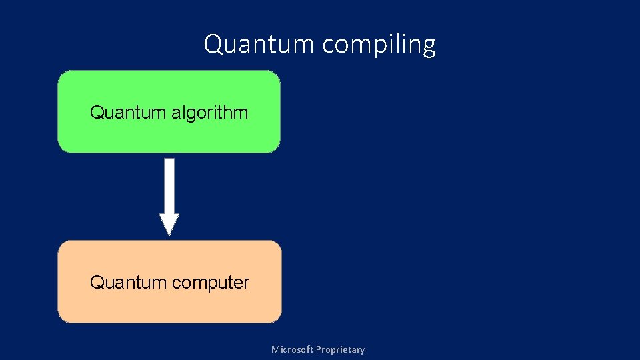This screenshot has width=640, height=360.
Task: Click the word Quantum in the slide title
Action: coord(259,45)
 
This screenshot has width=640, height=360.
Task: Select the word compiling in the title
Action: coord(379,45)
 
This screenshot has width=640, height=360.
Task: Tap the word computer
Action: coord(210,283)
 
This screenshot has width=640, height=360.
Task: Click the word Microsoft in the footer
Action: coord(292,349)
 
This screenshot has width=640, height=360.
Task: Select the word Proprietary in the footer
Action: coord(340,349)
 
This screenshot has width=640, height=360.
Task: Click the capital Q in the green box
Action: coord(96,112)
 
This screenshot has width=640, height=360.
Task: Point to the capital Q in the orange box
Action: coord(96,283)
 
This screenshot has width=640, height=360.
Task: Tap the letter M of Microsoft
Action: coord(275,349)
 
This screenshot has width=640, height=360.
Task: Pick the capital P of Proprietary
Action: coord(318,349)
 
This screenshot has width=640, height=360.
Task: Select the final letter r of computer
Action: coord(246,283)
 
